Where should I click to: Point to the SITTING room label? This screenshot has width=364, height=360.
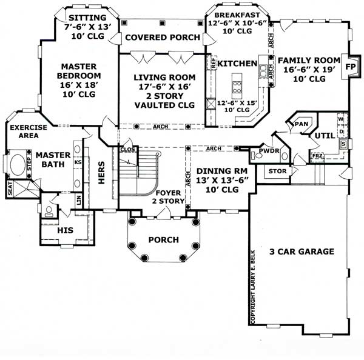pos(86,18)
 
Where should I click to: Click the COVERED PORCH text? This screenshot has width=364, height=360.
pos(162,38)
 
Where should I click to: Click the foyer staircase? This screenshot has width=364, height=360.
pos(137,173)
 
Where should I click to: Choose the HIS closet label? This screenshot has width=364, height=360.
pos(65,231)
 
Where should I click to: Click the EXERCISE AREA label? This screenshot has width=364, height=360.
pos(25,132)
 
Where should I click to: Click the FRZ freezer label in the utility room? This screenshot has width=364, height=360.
pos(317,156)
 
